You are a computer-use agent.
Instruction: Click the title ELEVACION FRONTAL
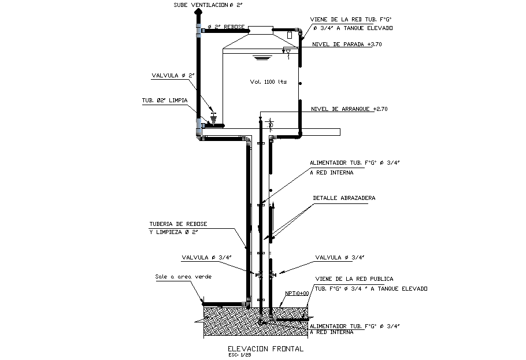click(x=266, y=349)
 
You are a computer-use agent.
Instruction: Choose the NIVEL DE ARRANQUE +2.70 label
click(x=349, y=109)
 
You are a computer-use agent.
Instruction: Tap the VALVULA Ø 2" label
click(x=173, y=75)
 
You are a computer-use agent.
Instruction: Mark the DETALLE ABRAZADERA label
click(x=344, y=198)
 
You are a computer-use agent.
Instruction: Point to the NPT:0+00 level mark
click(x=298, y=293)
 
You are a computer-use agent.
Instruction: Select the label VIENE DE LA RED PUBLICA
click(x=354, y=279)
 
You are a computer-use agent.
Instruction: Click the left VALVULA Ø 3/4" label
click(x=206, y=258)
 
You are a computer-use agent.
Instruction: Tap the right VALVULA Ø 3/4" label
click(x=340, y=258)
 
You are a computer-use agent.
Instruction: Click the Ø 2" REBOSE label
click(x=225, y=27)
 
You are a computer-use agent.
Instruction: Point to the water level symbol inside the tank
click(x=262, y=57)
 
